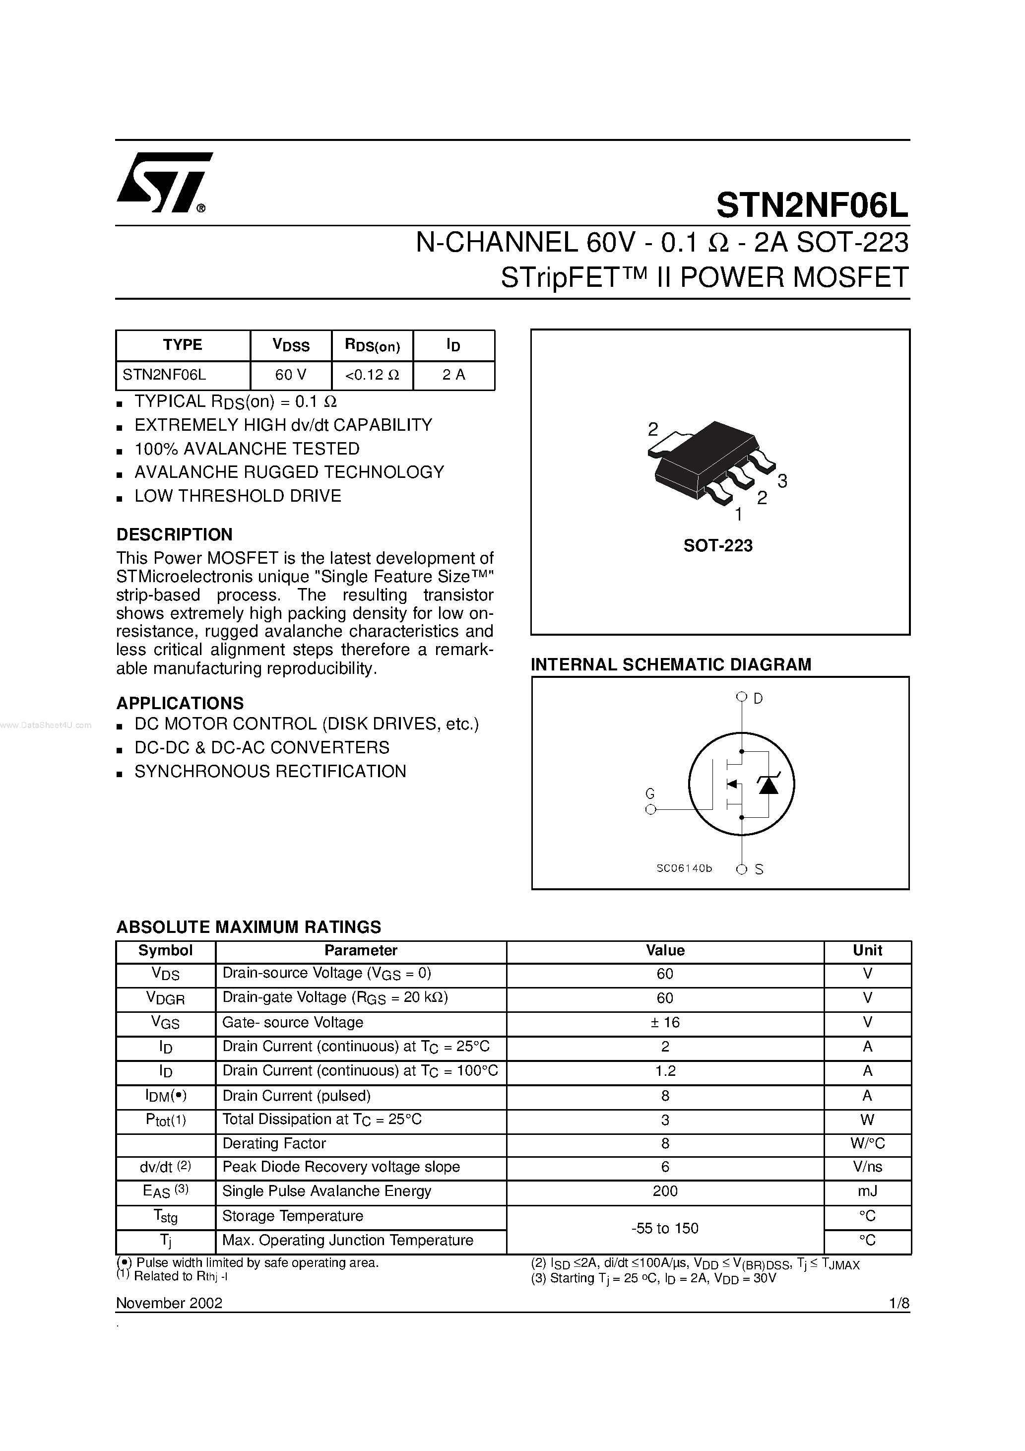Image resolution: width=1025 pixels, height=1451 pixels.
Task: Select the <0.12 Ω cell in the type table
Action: [372, 375]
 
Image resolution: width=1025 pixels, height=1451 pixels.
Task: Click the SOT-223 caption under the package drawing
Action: [718, 545]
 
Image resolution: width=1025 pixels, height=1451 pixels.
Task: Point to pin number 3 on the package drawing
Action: [782, 481]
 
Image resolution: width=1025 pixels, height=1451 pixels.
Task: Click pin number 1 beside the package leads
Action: [738, 515]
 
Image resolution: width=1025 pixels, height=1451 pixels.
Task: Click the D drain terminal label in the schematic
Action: [758, 698]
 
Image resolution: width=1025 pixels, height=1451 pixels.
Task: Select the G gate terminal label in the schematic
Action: [649, 794]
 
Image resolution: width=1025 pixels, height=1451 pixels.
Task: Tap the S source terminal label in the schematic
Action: [759, 869]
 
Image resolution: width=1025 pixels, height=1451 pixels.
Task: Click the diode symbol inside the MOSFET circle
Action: [768, 784]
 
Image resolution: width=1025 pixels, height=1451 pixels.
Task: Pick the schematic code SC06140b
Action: [684, 868]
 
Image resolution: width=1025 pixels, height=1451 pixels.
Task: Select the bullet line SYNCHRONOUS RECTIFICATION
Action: [270, 772]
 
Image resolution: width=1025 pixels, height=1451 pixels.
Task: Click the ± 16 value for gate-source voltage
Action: [665, 1023]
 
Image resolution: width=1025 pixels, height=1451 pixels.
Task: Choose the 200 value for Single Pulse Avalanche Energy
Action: [665, 1191]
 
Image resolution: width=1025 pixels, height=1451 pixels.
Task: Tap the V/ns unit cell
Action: [867, 1167]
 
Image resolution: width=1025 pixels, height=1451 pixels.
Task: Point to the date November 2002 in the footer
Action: [169, 1303]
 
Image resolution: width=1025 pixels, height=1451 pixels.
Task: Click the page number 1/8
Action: [898, 1303]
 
